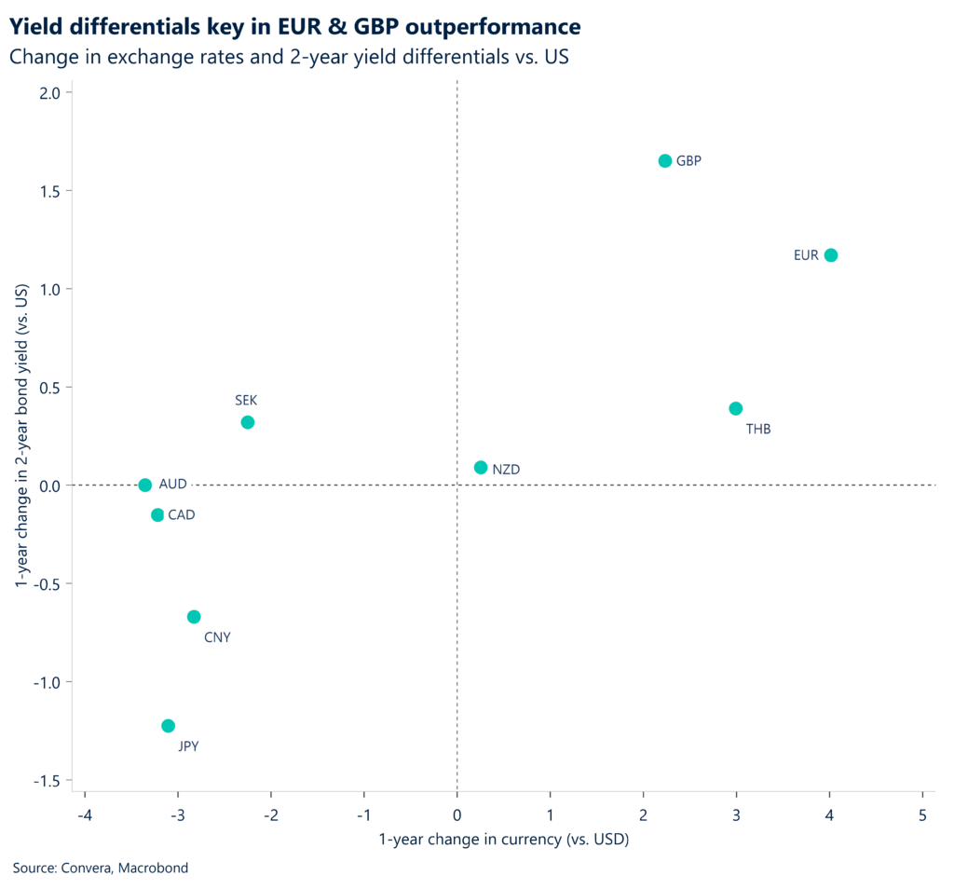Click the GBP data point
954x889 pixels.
point(664,160)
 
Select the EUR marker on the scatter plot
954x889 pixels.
point(830,255)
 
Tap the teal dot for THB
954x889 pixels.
point(735,408)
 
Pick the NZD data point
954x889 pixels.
point(481,468)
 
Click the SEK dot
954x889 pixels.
point(247,422)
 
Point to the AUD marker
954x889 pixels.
point(144,485)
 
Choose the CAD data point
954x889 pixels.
point(157,515)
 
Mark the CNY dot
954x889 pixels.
point(194,617)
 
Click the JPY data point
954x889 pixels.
point(168,726)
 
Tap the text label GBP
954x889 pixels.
point(688,161)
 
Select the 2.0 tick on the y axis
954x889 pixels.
point(50,93)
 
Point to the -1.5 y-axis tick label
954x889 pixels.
point(47,781)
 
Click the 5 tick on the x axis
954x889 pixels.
point(922,814)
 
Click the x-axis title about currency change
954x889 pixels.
point(504,841)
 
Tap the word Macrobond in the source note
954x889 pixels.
point(156,868)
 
